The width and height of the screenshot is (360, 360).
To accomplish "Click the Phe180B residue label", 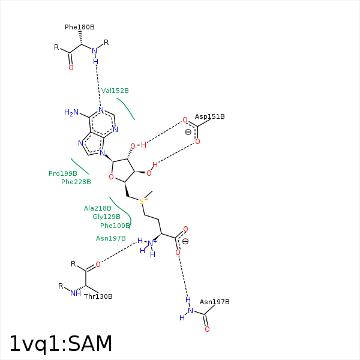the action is [80, 27].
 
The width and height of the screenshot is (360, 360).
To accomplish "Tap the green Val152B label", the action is [115, 91].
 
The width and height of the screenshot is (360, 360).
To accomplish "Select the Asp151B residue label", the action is [209, 116].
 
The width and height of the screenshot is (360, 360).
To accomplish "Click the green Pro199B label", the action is [63, 173].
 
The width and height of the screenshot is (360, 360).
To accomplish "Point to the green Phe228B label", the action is [76, 182].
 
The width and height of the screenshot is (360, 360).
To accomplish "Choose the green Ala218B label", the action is [98, 208].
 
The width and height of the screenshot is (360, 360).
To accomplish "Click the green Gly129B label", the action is [106, 217].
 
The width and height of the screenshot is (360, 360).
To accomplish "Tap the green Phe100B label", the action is [115, 226].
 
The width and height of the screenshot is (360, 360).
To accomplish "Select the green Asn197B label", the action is [110, 238].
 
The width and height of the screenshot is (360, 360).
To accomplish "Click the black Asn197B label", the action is [214, 302].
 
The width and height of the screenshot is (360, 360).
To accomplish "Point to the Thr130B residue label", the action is [98, 296].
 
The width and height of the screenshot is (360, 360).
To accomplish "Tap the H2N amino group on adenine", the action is [71, 112].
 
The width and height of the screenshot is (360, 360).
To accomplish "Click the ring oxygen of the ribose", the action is [111, 177].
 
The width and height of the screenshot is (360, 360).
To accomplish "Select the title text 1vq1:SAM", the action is [61, 343].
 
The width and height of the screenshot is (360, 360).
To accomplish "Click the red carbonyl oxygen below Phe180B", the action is [71, 67].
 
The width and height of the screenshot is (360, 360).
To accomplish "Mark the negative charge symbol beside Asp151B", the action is [188, 132].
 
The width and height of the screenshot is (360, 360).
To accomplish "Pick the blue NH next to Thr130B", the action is [76, 293].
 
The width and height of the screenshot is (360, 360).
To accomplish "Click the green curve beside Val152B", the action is [126, 109].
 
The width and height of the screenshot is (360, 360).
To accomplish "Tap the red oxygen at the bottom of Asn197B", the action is [207, 329].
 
